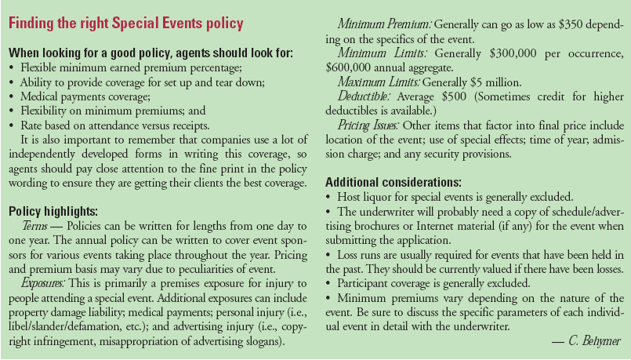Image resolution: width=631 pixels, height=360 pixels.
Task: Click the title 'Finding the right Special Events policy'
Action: coord(125,23)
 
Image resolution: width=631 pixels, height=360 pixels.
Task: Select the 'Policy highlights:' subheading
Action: coord(53,210)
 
